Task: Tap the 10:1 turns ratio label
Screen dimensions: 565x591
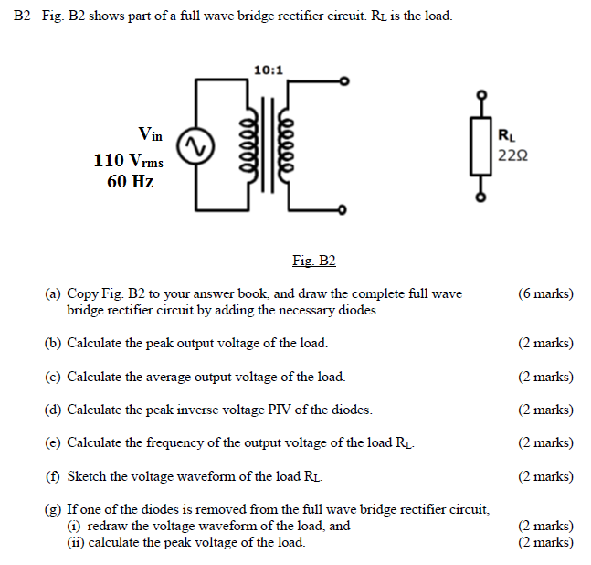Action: tap(269, 69)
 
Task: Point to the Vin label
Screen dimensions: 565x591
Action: tap(150, 135)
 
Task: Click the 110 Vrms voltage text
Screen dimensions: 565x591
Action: tap(128, 161)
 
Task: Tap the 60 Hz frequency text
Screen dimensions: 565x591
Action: tap(129, 181)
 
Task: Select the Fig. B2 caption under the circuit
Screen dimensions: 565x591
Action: tap(313, 261)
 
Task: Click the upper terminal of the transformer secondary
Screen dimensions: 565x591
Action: tap(343, 81)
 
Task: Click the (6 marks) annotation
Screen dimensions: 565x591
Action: tap(545, 293)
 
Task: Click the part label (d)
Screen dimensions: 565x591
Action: tap(54, 410)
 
